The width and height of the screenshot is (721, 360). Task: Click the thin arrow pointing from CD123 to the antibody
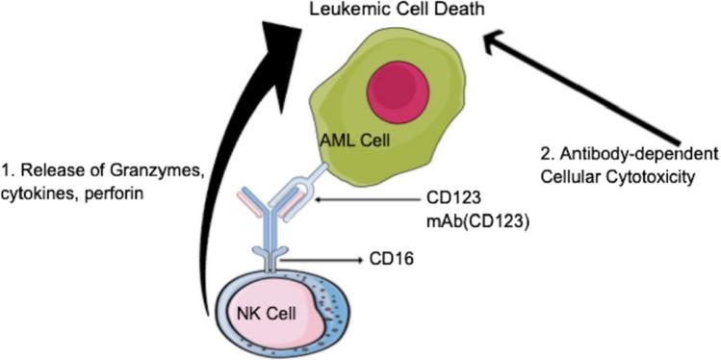356,199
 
